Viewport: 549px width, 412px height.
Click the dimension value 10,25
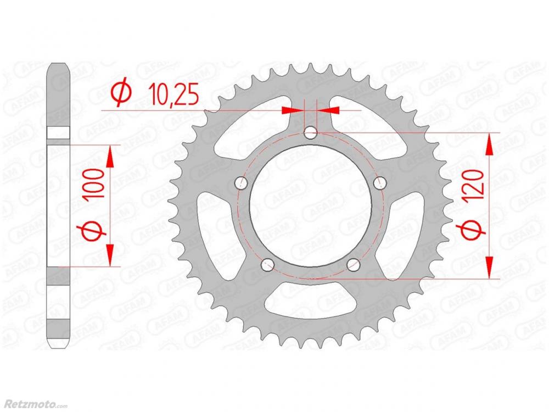point(174,94)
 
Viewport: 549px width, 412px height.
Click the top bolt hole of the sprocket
point(311,132)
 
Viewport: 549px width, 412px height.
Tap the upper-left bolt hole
point(241,182)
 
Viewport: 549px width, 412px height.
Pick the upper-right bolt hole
point(380,182)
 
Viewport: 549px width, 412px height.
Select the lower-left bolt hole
point(268,264)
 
